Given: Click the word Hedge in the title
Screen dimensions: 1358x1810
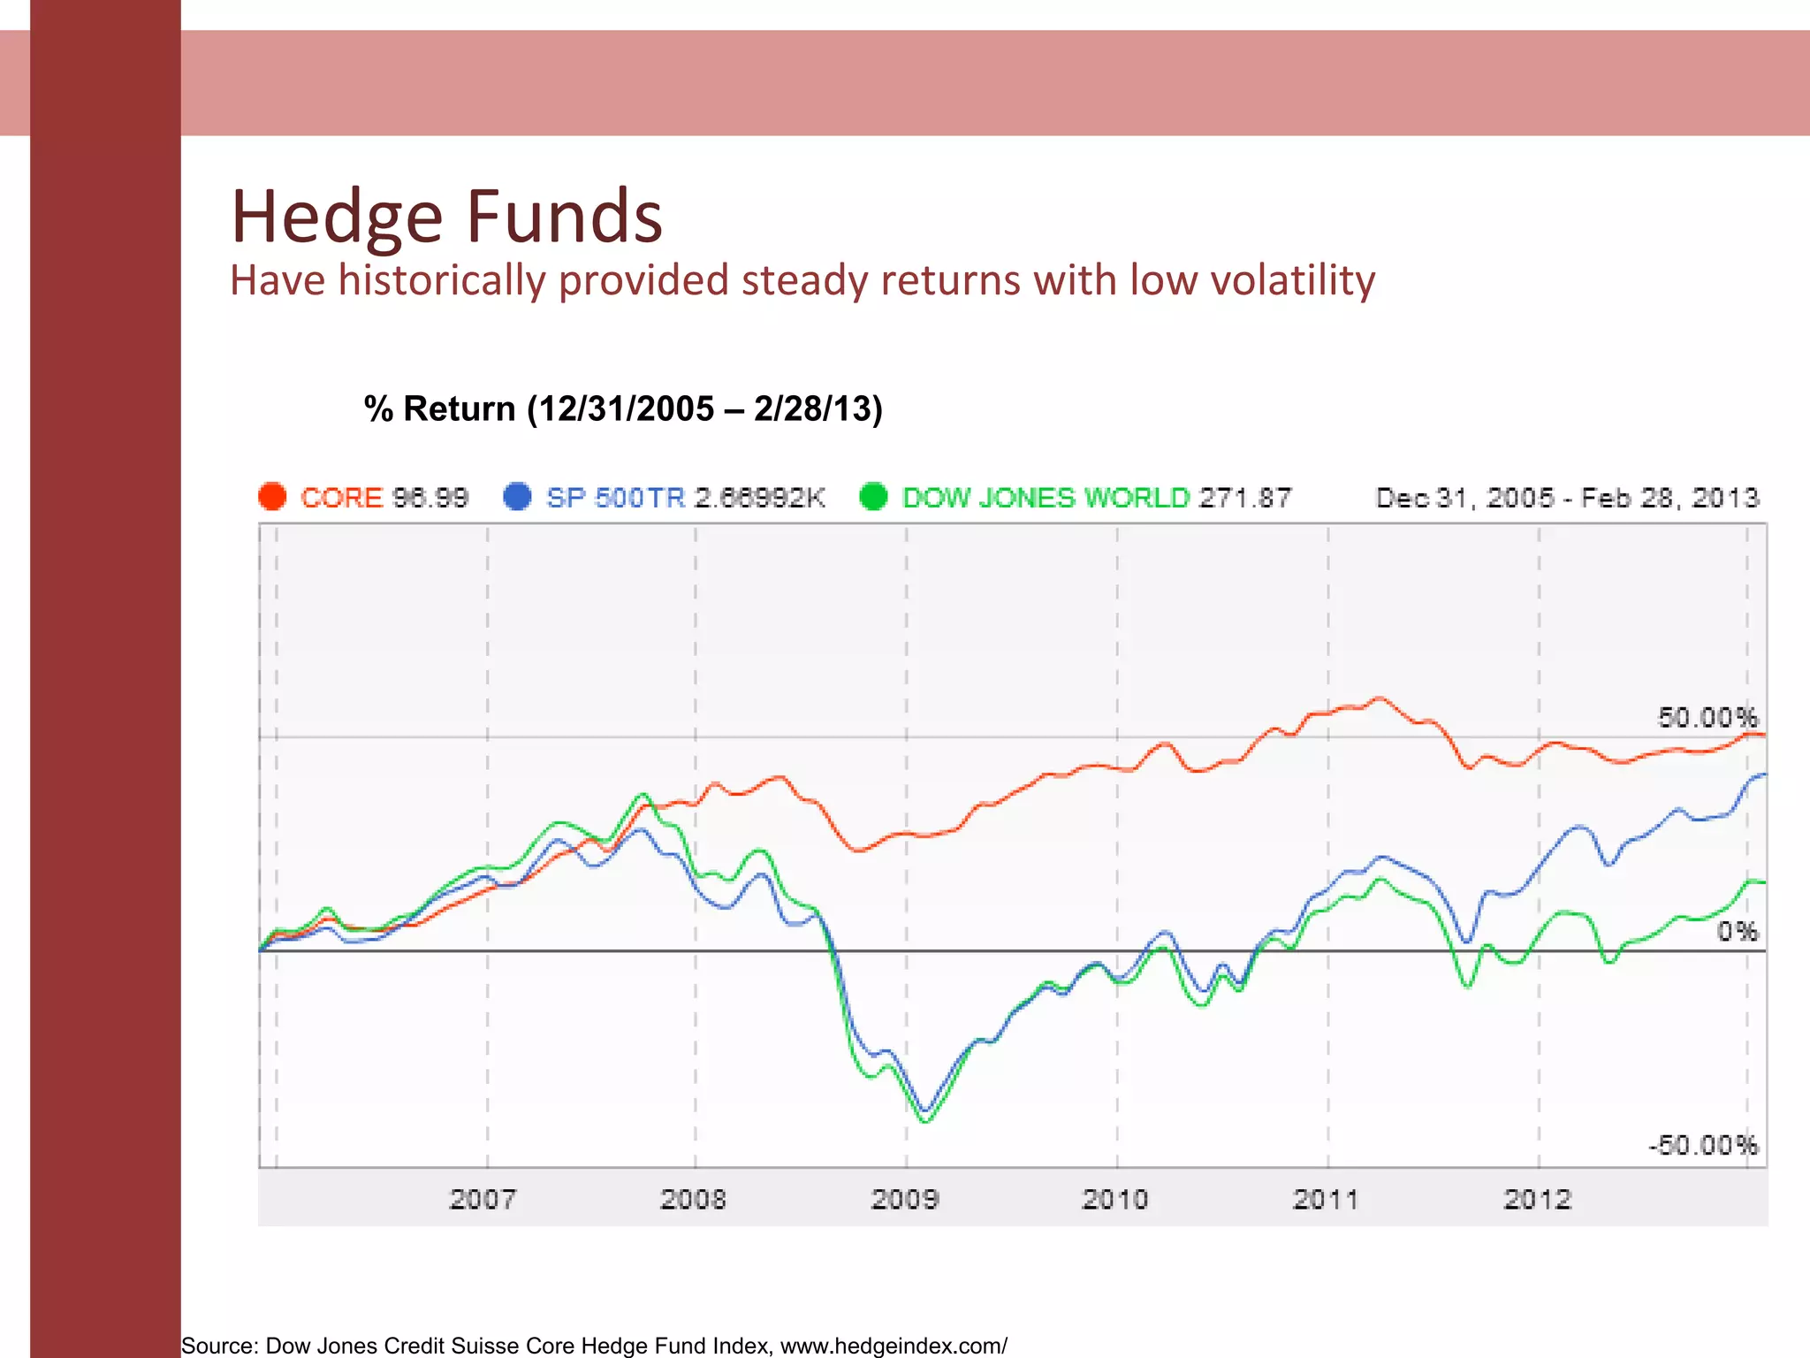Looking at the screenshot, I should click(336, 217).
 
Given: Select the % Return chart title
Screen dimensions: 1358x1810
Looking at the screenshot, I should click(623, 409).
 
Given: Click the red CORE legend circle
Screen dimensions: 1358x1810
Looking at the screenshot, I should click(272, 497).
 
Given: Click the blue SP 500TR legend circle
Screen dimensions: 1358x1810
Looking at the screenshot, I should click(517, 497).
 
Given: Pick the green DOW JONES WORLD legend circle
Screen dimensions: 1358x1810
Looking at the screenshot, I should click(873, 497).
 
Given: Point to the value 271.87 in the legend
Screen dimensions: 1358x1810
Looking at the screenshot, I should click(1244, 498).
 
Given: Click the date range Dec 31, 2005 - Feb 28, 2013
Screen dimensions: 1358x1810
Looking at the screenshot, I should click(1567, 498).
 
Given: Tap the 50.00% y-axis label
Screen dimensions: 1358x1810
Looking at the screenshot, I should click(1707, 717).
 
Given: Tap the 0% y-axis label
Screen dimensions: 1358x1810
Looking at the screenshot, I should click(1737, 931).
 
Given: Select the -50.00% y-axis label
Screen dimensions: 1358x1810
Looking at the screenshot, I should click(1702, 1146).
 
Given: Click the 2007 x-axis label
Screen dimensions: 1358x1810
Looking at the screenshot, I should click(483, 1200).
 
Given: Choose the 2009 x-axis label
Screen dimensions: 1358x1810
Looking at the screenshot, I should click(904, 1200).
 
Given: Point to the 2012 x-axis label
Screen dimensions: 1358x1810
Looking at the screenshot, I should click(1537, 1200).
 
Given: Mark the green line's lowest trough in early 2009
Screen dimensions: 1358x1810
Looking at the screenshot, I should click(926, 1121).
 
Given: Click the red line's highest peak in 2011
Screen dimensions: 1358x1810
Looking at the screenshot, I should click(1380, 698).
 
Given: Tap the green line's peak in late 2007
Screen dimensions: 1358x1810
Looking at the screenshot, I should click(643, 795).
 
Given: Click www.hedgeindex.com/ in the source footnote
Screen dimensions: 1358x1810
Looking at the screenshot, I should click(893, 1346).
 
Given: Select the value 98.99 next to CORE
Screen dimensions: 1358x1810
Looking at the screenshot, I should click(430, 498).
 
